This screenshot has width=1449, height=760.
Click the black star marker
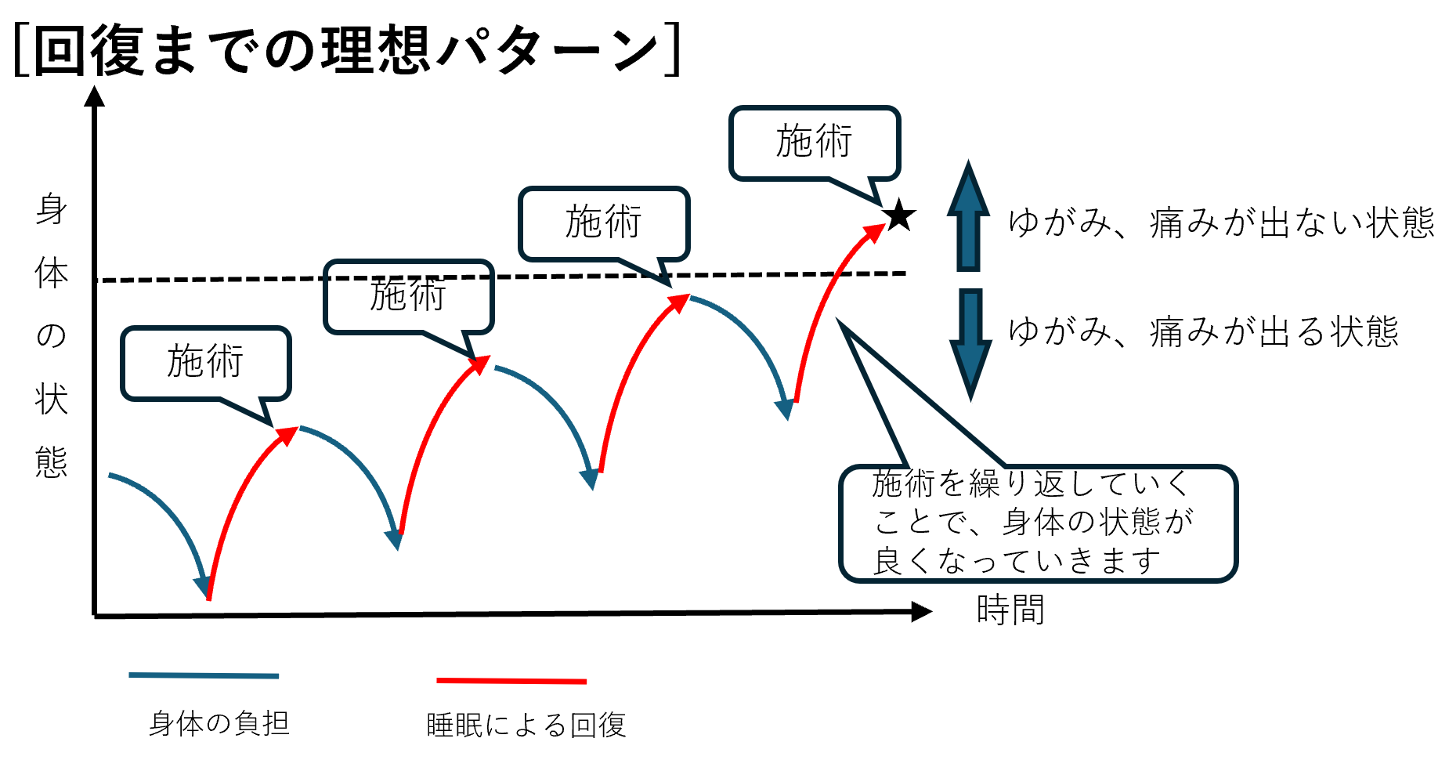click(899, 215)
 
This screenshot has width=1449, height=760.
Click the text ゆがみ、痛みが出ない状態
click(1220, 223)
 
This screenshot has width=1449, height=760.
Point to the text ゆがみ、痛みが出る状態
click(1202, 331)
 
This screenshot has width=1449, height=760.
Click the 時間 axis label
click(1010, 610)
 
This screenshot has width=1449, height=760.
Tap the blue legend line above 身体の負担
click(204, 675)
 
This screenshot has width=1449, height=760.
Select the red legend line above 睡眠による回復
click(511, 681)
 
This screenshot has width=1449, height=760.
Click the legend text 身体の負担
click(219, 723)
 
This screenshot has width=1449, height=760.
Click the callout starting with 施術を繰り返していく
click(1037, 523)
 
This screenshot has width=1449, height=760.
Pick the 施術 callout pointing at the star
click(815, 143)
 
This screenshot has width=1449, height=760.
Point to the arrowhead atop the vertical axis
click(95, 96)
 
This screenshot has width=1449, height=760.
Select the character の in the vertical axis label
click(52, 335)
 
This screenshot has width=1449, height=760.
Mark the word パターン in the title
click(548, 51)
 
